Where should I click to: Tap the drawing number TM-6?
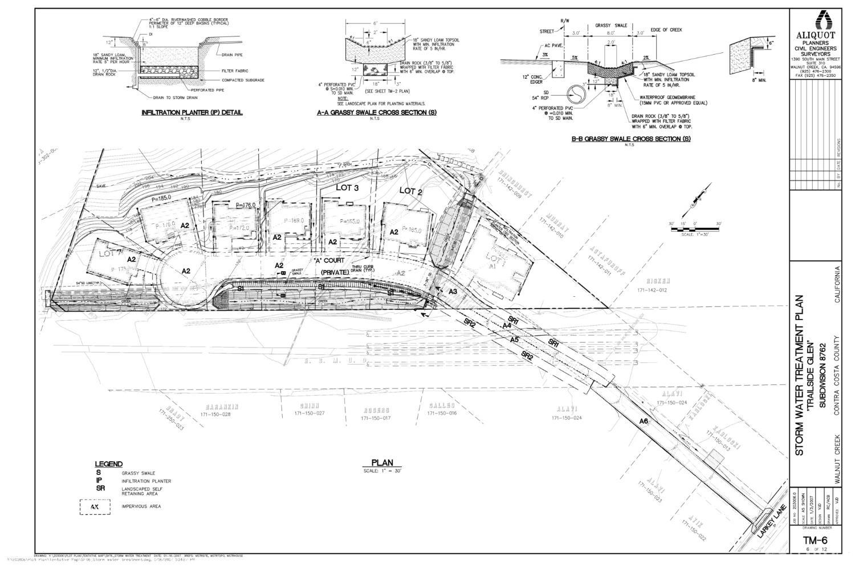(x=815, y=541)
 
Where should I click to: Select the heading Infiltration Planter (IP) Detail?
(x=192, y=113)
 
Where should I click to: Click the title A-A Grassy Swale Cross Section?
(x=377, y=113)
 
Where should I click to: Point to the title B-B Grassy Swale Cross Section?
(x=631, y=139)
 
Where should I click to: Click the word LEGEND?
(x=108, y=464)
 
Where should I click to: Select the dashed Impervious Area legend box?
(x=94, y=506)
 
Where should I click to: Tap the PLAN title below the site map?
(x=382, y=463)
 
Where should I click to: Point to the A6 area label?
(x=644, y=421)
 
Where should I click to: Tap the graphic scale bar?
(x=695, y=230)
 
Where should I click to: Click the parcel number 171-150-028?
(x=215, y=414)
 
